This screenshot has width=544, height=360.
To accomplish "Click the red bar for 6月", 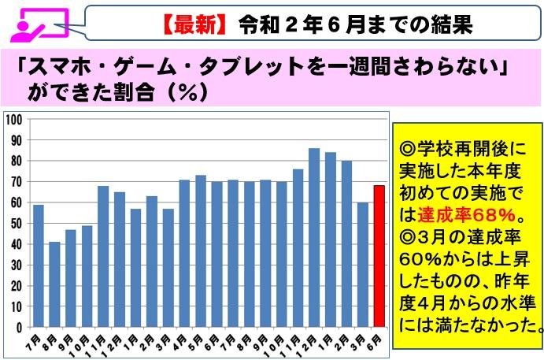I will (x=378, y=256).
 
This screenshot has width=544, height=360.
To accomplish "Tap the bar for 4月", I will (x=184, y=253).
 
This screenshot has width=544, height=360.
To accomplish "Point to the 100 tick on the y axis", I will (x=15, y=119).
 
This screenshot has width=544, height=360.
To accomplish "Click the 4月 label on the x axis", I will (x=182, y=340).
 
